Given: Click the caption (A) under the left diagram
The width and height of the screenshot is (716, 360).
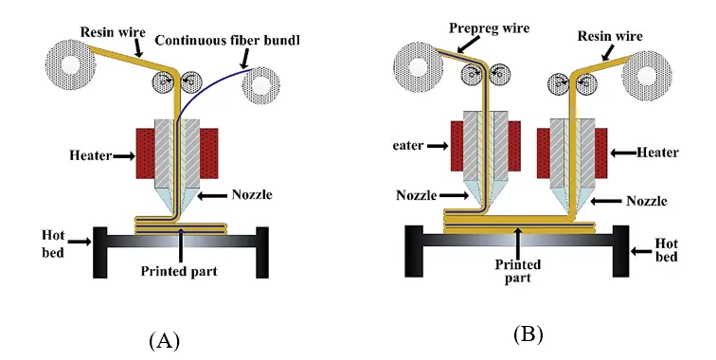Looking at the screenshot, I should click(x=164, y=340).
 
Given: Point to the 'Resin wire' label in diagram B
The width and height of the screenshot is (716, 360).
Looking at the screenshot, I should click(x=609, y=36).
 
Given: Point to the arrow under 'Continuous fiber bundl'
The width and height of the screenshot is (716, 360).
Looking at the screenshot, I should click(x=248, y=59).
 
